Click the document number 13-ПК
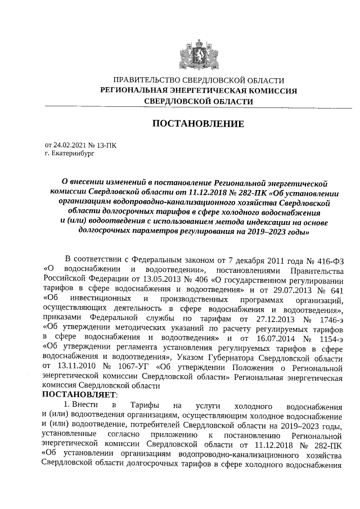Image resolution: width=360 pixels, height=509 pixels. click(106, 145)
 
